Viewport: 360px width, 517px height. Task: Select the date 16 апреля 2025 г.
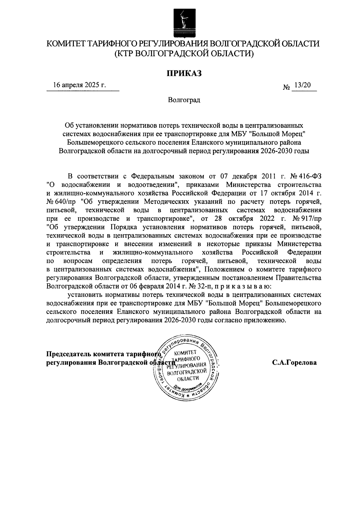pyautogui.click(x=79, y=85)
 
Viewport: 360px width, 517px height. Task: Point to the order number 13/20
pyautogui.click(x=302, y=85)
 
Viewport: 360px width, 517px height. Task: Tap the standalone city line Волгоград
pyautogui.click(x=184, y=100)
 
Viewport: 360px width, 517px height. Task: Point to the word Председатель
pyautogui.click(x=69, y=354)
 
